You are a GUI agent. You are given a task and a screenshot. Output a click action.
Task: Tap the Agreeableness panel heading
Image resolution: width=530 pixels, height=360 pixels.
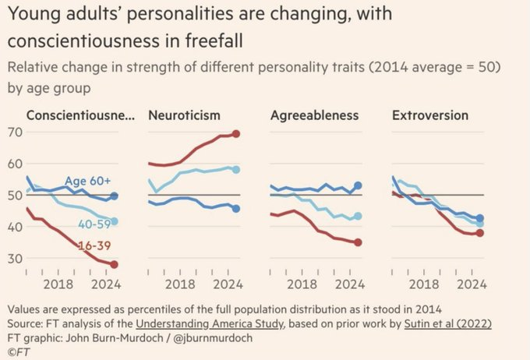point(314,115)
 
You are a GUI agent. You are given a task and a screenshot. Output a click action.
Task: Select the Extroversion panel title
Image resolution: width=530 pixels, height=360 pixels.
point(430,115)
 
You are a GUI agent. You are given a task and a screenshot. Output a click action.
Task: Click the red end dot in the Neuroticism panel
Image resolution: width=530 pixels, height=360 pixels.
point(235,133)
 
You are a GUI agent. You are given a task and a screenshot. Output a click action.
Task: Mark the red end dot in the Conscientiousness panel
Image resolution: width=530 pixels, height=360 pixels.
point(114,264)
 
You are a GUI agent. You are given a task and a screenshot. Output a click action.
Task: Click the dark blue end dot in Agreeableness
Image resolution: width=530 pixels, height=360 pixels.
point(358,186)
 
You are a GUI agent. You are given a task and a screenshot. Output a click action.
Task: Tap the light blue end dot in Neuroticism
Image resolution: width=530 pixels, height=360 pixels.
point(235,169)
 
